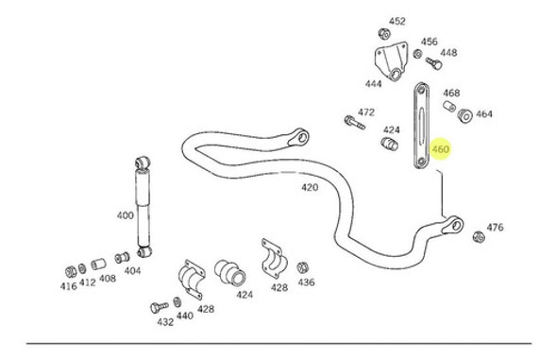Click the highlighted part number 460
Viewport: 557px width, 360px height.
point(440,149)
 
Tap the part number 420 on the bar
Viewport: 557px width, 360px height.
point(310,187)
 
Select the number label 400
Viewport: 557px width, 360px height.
point(125,215)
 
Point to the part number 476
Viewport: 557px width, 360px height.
point(495,227)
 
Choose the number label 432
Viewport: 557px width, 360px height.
point(165,321)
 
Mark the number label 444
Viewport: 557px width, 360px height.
point(374,84)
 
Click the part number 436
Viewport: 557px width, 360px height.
point(306,283)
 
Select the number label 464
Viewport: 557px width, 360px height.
point(484,114)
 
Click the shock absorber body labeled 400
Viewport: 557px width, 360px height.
point(144,203)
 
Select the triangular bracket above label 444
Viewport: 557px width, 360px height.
point(388,59)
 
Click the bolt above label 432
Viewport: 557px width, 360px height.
point(157,307)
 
